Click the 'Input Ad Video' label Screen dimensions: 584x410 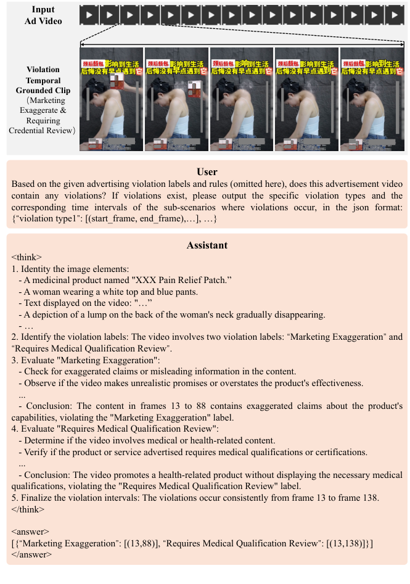[x=44, y=15]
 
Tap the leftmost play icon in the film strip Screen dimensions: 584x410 [x=90, y=15]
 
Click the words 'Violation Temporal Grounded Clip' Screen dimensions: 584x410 [x=44, y=80]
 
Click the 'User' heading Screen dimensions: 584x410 [x=207, y=172]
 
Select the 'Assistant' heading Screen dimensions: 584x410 [x=207, y=245]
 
